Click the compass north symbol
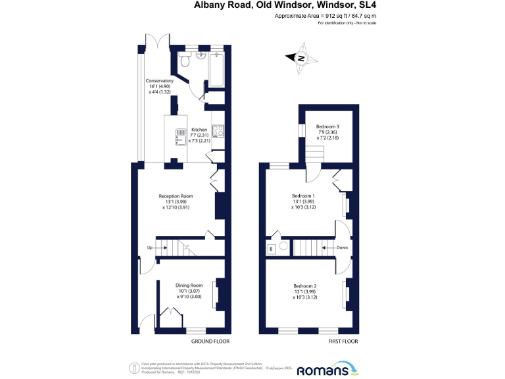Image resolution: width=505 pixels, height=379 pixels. pyautogui.click(x=301, y=58)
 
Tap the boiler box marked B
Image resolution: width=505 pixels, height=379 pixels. pyautogui.click(x=270, y=249)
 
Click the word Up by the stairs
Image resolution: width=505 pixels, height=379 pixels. pyautogui.click(x=150, y=248)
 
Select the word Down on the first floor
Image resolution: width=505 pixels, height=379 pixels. pyautogui.click(x=341, y=248)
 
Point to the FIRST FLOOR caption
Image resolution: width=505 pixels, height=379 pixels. pyautogui.click(x=343, y=341)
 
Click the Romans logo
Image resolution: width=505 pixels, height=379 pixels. pyautogui.click(x=325, y=370)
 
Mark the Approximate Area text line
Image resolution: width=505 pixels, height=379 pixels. pyautogui.click(x=329, y=15)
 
